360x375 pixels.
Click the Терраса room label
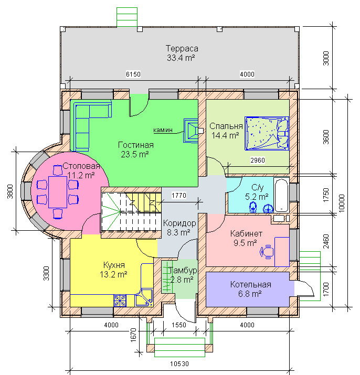tap(182, 49)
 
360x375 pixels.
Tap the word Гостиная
tap(136, 145)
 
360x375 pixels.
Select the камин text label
tap(163, 130)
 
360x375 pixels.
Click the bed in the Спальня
tap(267, 133)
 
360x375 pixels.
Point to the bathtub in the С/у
tap(281, 195)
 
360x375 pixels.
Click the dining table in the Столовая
tap(58, 192)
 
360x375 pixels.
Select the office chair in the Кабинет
tap(267, 252)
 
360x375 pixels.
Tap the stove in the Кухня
tap(120, 301)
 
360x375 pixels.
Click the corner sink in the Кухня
tap(144, 298)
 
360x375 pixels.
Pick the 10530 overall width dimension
tap(179, 364)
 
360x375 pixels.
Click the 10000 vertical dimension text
tap(342, 203)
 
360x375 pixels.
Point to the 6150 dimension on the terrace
tap(133, 74)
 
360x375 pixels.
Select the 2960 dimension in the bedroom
tap(258, 160)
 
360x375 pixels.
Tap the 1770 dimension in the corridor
tap(179, 196)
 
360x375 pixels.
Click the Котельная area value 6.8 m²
tap(250, 294)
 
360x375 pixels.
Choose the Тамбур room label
tap(183, 271)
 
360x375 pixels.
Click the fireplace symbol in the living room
tap(191, 131)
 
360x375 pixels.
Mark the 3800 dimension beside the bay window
tap(10, 191)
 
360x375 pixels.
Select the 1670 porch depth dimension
tap(133, 335)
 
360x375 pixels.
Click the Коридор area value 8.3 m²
tap(178, 232)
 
